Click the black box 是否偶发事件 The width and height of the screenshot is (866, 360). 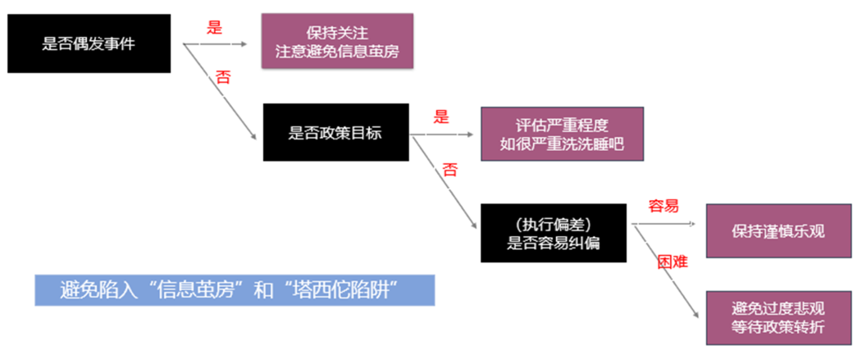[x=89, y=43]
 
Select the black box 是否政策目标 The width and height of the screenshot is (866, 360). [x=335, y=132]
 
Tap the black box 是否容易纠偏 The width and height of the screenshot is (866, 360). [x=548, y=233]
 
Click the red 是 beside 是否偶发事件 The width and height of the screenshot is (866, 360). [x=215, y=27]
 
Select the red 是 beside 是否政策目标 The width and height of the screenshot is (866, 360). [x=442, y=116]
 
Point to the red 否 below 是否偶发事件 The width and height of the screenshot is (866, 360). [x=222, y=77]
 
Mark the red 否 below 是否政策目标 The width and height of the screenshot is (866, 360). [x=450, y=169]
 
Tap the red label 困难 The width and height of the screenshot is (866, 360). [x=672, y=262]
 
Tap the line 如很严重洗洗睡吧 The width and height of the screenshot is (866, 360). [x=561, y=145]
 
